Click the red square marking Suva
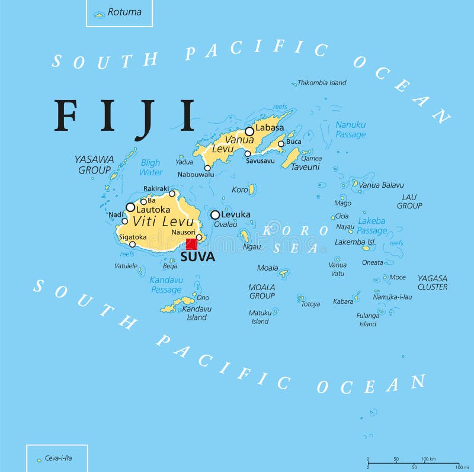point(191,244)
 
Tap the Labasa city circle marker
point(249,131)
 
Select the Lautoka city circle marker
point(130,207)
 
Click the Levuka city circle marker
point(215,215)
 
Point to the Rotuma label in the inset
point(124,12)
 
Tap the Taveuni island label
point(305,168)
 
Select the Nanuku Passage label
point(350,130)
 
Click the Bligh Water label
point(150,168)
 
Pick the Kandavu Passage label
point(165,285)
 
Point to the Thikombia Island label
point(322,83)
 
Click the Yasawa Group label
point(94,165)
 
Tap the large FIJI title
point(125,117)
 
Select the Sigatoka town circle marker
point(132,244)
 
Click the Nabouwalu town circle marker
point(207,168)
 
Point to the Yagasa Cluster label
point(432,282)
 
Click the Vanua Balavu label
point(382,185)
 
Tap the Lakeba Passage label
point(371,226)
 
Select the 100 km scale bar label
point(428,459)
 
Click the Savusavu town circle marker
point(248,154)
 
